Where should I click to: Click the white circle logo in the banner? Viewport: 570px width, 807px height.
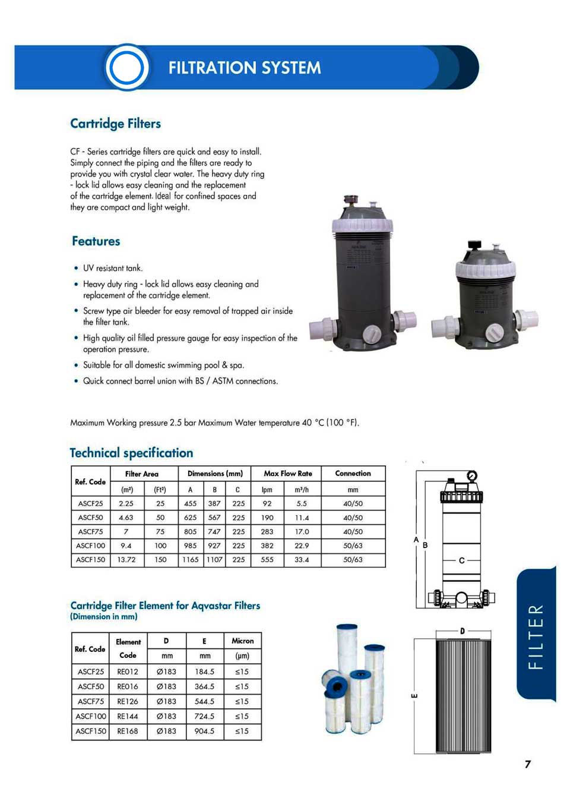(x=126, y=67)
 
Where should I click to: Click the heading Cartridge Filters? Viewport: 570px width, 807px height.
(x=115, y=124)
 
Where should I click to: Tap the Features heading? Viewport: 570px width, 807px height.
(x=96, y=241)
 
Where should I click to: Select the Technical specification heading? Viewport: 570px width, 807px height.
(x=131, y=453)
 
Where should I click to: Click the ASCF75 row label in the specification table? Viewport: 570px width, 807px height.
(x=90, y=532)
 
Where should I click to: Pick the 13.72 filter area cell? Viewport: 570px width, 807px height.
(x=126, y=560)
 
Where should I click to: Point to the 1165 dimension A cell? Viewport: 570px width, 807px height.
(x=190, y=560)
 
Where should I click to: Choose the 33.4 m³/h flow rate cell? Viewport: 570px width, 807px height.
(x=302, y=560)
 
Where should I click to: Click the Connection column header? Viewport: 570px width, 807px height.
(x=353, y=474)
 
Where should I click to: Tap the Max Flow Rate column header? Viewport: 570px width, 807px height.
(x=287, y=474)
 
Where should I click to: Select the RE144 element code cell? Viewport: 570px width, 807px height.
(x=128, y=717)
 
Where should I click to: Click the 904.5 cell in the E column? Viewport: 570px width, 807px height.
(x=204, y=732)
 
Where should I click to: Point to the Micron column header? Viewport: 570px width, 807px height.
(x=242, y=641)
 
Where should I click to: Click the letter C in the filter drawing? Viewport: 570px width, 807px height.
(x=461, y=560)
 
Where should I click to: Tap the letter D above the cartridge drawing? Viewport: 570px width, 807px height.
(x=462, y=631)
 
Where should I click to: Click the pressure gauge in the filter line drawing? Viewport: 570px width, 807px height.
(x=471, y=475)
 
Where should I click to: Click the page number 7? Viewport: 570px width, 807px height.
(x=527, y=764)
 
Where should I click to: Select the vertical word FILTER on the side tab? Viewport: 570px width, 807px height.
(x=536, y=636)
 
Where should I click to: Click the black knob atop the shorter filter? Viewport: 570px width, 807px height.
(x=474, y=245)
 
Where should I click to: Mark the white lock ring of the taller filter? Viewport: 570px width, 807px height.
(x=362, y=226)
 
